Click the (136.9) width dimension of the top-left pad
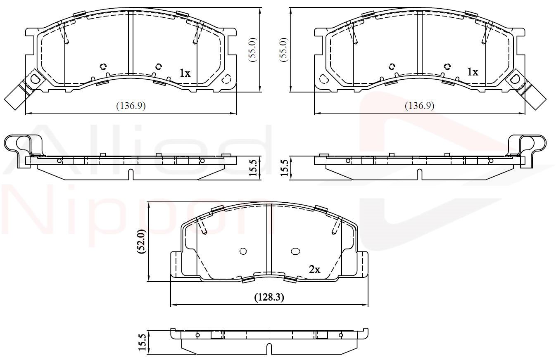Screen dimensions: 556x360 point(131,106)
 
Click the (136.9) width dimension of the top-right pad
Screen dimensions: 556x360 point(420,106)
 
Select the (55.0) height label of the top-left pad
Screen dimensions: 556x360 point(253,50)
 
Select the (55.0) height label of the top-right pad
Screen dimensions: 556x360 point(284,50)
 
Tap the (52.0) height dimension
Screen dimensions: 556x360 point(142,242)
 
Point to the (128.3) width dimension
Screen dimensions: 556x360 point(269,297)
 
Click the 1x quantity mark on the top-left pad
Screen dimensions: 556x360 point(185,73)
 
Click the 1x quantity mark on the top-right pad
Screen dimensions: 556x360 point(473,72)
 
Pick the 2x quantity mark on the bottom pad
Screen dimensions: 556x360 point(314,270)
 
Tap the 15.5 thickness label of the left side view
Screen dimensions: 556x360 point(253,168)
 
